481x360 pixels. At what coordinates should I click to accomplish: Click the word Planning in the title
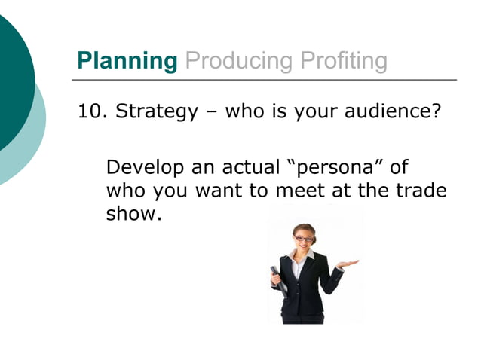click(x=127, y=60)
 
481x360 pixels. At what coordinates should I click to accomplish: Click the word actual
click(x=245, y=167)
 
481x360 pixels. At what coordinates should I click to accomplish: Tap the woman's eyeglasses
click(x=302, y=239)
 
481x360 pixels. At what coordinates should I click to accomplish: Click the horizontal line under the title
click(x=264, y=79)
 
